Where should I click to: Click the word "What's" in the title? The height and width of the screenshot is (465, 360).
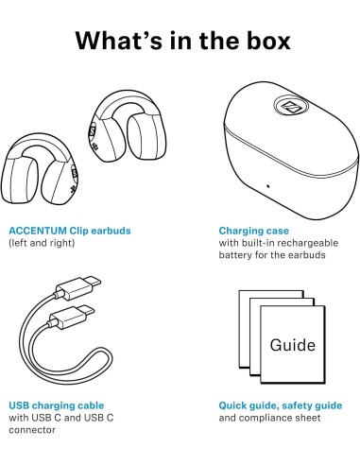[x=119, y=40]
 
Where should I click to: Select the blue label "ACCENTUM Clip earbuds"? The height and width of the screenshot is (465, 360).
[x=70, y=231]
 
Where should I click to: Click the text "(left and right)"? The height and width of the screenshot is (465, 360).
[x=42, y=243]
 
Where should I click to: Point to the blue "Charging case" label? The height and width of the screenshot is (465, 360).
[x=254, y=231]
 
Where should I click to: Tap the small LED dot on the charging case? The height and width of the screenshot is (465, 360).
[x=268, y=185]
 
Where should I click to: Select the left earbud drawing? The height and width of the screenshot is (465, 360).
[x=39, y=169]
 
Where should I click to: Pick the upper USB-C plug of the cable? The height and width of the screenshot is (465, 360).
[x=78, y=287]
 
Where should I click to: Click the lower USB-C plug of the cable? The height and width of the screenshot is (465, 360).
[x=72, y=317]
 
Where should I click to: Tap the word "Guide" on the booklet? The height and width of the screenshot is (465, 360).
[x=293, y=345]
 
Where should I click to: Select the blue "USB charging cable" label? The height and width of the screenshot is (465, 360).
[x=57, y=405]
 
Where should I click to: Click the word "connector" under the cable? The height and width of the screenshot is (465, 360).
[x=32, y=430]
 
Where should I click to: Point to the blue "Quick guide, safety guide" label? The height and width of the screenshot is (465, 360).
[x=281, y=405]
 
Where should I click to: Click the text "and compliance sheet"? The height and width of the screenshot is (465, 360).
[x=269, y=418]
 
